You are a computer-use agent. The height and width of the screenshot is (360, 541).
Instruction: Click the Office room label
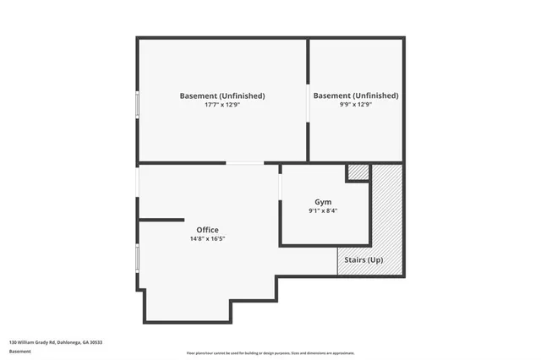207,230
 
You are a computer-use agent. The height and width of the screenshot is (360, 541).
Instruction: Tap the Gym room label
323,202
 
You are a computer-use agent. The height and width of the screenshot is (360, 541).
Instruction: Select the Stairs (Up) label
364,259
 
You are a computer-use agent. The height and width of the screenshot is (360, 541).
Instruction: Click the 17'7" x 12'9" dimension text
222,105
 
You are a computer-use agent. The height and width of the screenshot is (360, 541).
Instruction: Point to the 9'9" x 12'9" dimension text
355,105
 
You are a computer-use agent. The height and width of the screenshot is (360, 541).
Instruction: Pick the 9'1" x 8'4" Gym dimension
323,210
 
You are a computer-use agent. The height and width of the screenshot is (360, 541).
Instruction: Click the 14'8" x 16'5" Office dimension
207,239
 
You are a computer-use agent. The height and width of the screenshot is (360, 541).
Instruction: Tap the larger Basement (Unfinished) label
222,95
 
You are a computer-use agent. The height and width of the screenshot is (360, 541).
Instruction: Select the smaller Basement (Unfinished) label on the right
355,95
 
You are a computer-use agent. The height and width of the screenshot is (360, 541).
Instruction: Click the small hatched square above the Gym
358,172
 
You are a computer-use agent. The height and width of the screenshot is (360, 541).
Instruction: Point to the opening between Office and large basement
243,163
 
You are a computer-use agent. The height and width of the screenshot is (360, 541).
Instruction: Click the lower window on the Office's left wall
138,257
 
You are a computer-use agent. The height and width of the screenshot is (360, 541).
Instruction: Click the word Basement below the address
20,351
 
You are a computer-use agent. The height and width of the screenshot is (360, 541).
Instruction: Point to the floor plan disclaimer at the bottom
270,353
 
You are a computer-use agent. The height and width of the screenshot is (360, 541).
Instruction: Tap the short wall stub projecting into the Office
161,220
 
